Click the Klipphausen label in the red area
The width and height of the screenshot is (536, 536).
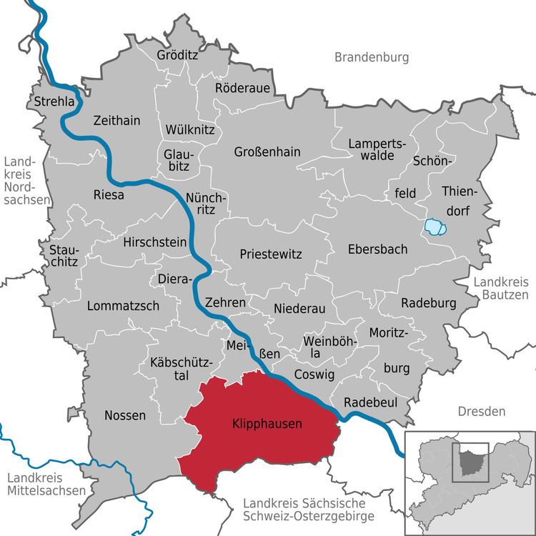[x=267, y=424]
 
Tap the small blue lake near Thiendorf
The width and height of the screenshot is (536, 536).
[x=435, y=227]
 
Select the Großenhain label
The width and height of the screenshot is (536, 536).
[x=267, y=152]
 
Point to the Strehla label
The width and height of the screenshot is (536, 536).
[x=54, y=102]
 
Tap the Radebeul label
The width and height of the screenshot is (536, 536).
[x=370, y=402]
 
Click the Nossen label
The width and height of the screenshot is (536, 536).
[x=125, y=415]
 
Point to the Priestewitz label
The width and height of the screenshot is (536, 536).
[x=271, y=254]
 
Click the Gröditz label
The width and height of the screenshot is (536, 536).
[x=178, y=54]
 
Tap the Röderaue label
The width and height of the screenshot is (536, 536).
[x=244, y=87]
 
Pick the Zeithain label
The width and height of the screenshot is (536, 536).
[x=116, y=121]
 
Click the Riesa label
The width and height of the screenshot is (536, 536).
[x=109, y=194]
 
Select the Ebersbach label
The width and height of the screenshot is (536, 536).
[x=377, y=249]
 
